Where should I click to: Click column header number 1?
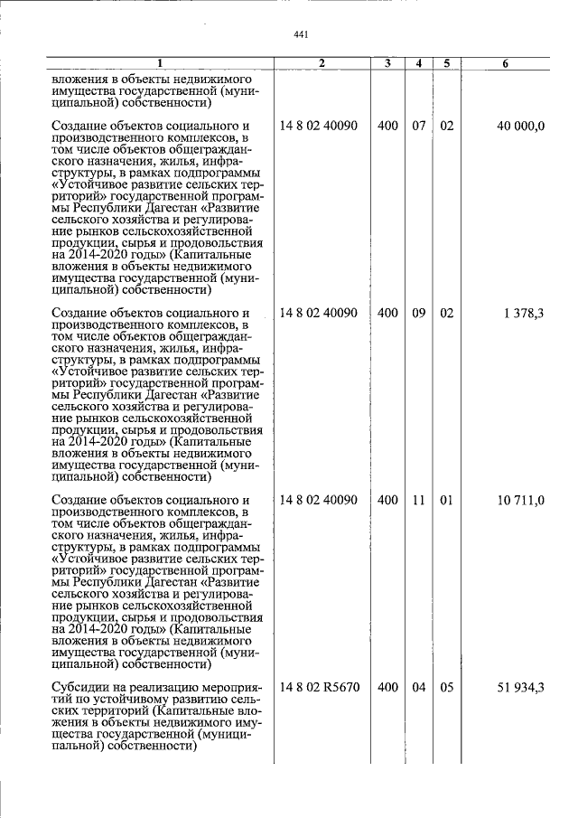[159, 63]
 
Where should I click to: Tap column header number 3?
[387, 63]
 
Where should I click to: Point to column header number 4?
[419, 63]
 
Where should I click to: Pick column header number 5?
[446, 63]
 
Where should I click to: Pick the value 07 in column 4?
[419, 126]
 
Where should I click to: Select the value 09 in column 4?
[419, 313]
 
